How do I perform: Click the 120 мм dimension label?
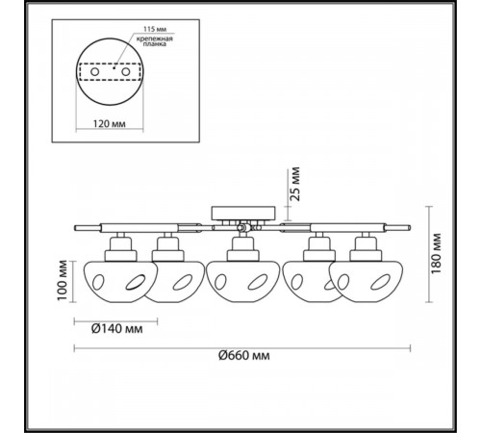(x=110, y=123)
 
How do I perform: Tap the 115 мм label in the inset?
(x=155, y=29)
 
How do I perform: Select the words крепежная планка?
(x=155, y=41)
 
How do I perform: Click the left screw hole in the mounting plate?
(x=94, y=72)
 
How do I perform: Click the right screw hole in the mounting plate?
(x=125, y=72)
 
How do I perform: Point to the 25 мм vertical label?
(x=295, y=184)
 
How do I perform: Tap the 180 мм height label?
(x=436, y=253)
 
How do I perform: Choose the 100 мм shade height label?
(x=63, y=280)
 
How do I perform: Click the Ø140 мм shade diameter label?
(x=117, y=328)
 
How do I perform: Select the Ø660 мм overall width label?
(x=244, y=355)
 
